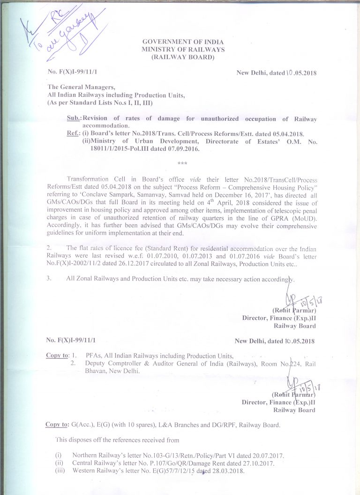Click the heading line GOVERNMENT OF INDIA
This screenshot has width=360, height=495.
(x=183, y=42)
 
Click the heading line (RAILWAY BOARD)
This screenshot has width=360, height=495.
(x=183, y=57)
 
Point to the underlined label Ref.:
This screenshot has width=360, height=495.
(x=74, y=134)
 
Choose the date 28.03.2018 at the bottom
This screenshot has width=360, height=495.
(x=227, y=471)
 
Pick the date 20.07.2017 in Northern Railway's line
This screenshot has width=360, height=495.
(x=268, y=455)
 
